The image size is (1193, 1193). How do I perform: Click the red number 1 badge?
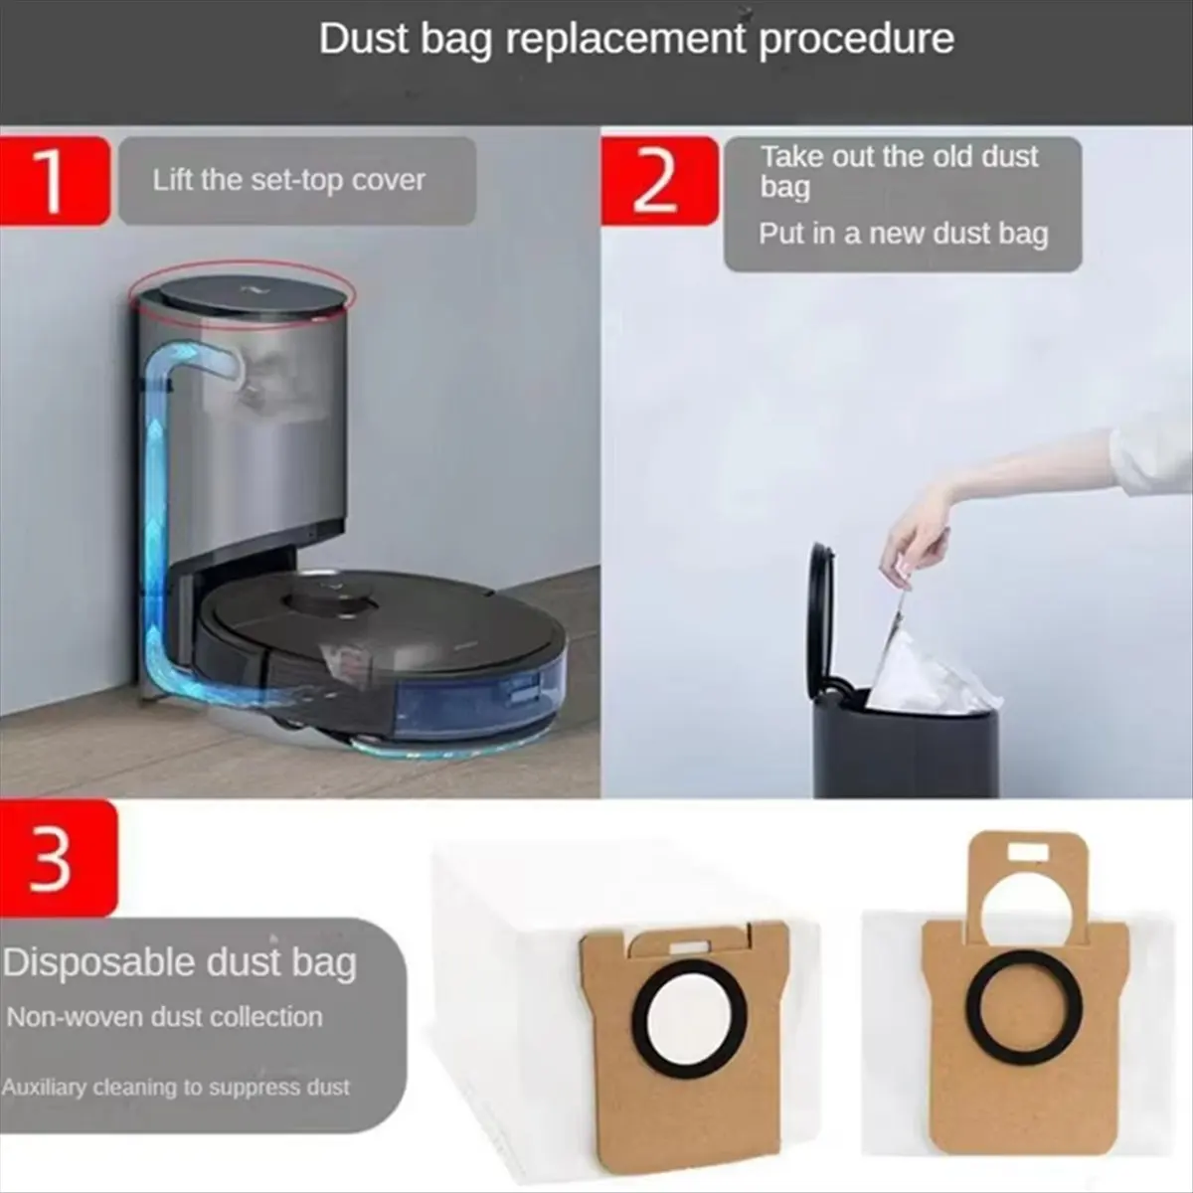pos(55,181)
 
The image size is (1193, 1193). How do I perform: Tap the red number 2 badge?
pos(659,181)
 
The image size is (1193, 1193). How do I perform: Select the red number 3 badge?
pos(59,859)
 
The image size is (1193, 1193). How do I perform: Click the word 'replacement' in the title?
pos(625,39)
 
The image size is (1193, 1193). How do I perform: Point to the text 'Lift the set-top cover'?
pos(288,180)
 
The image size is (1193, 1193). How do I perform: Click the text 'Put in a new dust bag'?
pos(904,234)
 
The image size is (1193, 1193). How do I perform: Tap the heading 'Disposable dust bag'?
pos(180,964)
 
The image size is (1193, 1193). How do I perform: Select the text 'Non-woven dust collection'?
pos(165,1017)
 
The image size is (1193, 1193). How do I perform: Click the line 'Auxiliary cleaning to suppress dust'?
pos(176,1088)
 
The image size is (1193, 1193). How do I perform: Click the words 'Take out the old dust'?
pos(899,157)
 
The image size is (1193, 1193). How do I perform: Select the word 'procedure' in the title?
pos(856,41)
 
